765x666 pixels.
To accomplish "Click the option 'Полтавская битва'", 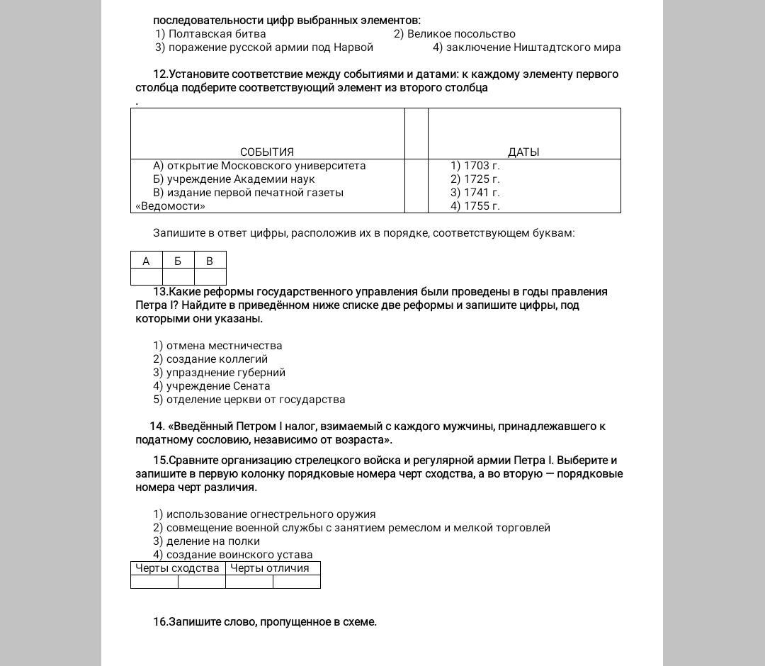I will click(x=210, y=34).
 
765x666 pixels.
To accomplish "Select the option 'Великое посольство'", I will click(x=455, y=34).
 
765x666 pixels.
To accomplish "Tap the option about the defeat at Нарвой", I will click(x=263, y=47).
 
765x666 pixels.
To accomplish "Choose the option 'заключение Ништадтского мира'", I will click(x=526, y=47).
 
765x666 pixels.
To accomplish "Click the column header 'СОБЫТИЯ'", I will click(x=267, y=152).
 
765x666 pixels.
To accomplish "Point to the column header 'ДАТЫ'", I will click(x=523, y=152).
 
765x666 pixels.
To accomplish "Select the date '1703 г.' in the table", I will click(x=475, y=166).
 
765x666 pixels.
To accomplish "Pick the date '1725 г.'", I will click(x=475, y=179).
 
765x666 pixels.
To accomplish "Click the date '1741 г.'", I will click(x=475, y=193).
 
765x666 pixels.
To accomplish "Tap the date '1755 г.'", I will click(x=475, y=206).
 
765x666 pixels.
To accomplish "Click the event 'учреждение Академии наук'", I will click(x=234, y=179).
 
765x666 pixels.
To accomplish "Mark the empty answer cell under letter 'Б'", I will click(x=178, y=277).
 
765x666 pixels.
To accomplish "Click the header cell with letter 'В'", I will click(x=210, y=261).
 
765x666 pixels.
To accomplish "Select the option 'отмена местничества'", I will click(x=217, y=346).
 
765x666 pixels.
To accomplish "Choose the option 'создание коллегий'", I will click(x=210, y=359).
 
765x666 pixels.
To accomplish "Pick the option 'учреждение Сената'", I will click(x=211, y=386).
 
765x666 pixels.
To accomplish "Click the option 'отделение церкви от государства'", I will click(x=249, y=400).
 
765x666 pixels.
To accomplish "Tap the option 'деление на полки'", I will click(x=206, y=541).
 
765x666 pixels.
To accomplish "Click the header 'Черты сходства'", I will click(x=178, y=568).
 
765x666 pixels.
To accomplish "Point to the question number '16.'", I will click(x=161, y=622).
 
